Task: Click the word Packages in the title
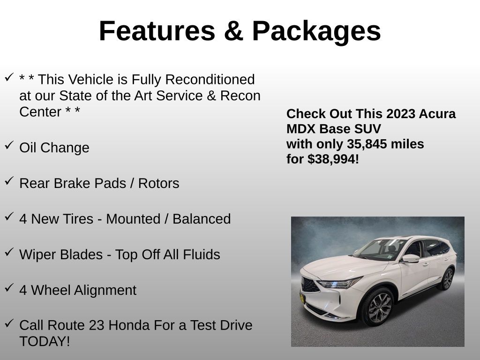coord(316,31)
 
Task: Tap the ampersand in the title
coord(233,31)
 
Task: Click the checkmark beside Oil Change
coord(9,145)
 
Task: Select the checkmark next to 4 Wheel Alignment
coord(9,288)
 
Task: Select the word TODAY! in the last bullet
coord(45,341)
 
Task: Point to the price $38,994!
coord(333,159)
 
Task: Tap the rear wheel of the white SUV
coord(447,279)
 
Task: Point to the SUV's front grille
coord(310,285)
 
